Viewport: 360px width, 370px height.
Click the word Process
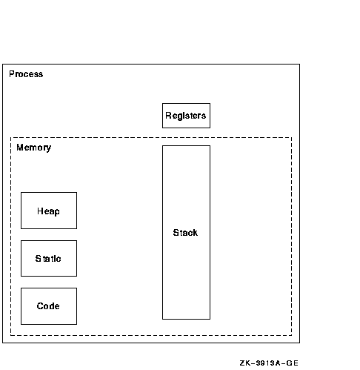tap(26, 74)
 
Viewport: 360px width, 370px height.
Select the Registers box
tap(186, 116)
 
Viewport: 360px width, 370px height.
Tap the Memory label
tap(34, 148)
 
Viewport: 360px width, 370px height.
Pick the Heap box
tap(49, 211)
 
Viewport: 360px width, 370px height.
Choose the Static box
tap(49, 258)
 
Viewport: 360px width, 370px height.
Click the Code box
tap(49, 306)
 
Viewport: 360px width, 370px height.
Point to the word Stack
tap(185, 233)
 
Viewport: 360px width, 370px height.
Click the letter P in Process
tap(11, 74)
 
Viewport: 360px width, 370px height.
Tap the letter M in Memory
tap(19, 148)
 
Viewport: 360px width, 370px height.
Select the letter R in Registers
tap(168, 115)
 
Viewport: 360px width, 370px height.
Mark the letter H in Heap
tap(40, 211)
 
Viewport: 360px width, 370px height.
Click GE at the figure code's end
tap(293, 363)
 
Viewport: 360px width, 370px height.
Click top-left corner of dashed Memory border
tap(10, 137)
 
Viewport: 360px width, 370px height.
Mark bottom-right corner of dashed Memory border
tap(292, 335)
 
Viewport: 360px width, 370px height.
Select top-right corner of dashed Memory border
tap(292, 137)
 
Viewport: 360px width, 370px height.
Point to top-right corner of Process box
tap(300, 65)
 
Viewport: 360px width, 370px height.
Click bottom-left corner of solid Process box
tap(2, 343)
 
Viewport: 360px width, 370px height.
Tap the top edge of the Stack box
tap(186, 145)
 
